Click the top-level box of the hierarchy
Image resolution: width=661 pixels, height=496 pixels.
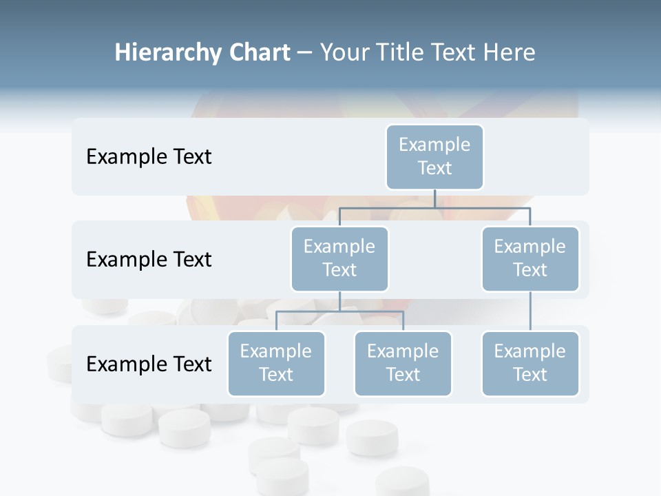[434, 157]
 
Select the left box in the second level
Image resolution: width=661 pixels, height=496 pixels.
[339, 259]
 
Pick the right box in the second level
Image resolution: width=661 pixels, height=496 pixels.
[530, 259]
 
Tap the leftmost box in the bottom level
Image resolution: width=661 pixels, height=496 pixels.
[276, 364]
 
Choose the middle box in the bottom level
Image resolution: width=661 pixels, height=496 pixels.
[403, 364]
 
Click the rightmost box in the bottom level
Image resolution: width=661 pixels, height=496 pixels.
[530, 364]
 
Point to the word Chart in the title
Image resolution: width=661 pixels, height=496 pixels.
[258, 53]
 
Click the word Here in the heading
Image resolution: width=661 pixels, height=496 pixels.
[507, 53]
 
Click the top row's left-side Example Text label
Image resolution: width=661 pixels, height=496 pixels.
[149, 157]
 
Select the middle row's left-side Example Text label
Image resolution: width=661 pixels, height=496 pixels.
[149, 260]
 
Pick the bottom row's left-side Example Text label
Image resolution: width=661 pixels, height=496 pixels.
[149, 364]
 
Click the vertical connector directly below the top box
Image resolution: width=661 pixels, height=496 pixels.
[434, 198]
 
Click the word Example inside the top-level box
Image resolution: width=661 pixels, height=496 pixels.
[434, 145]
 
